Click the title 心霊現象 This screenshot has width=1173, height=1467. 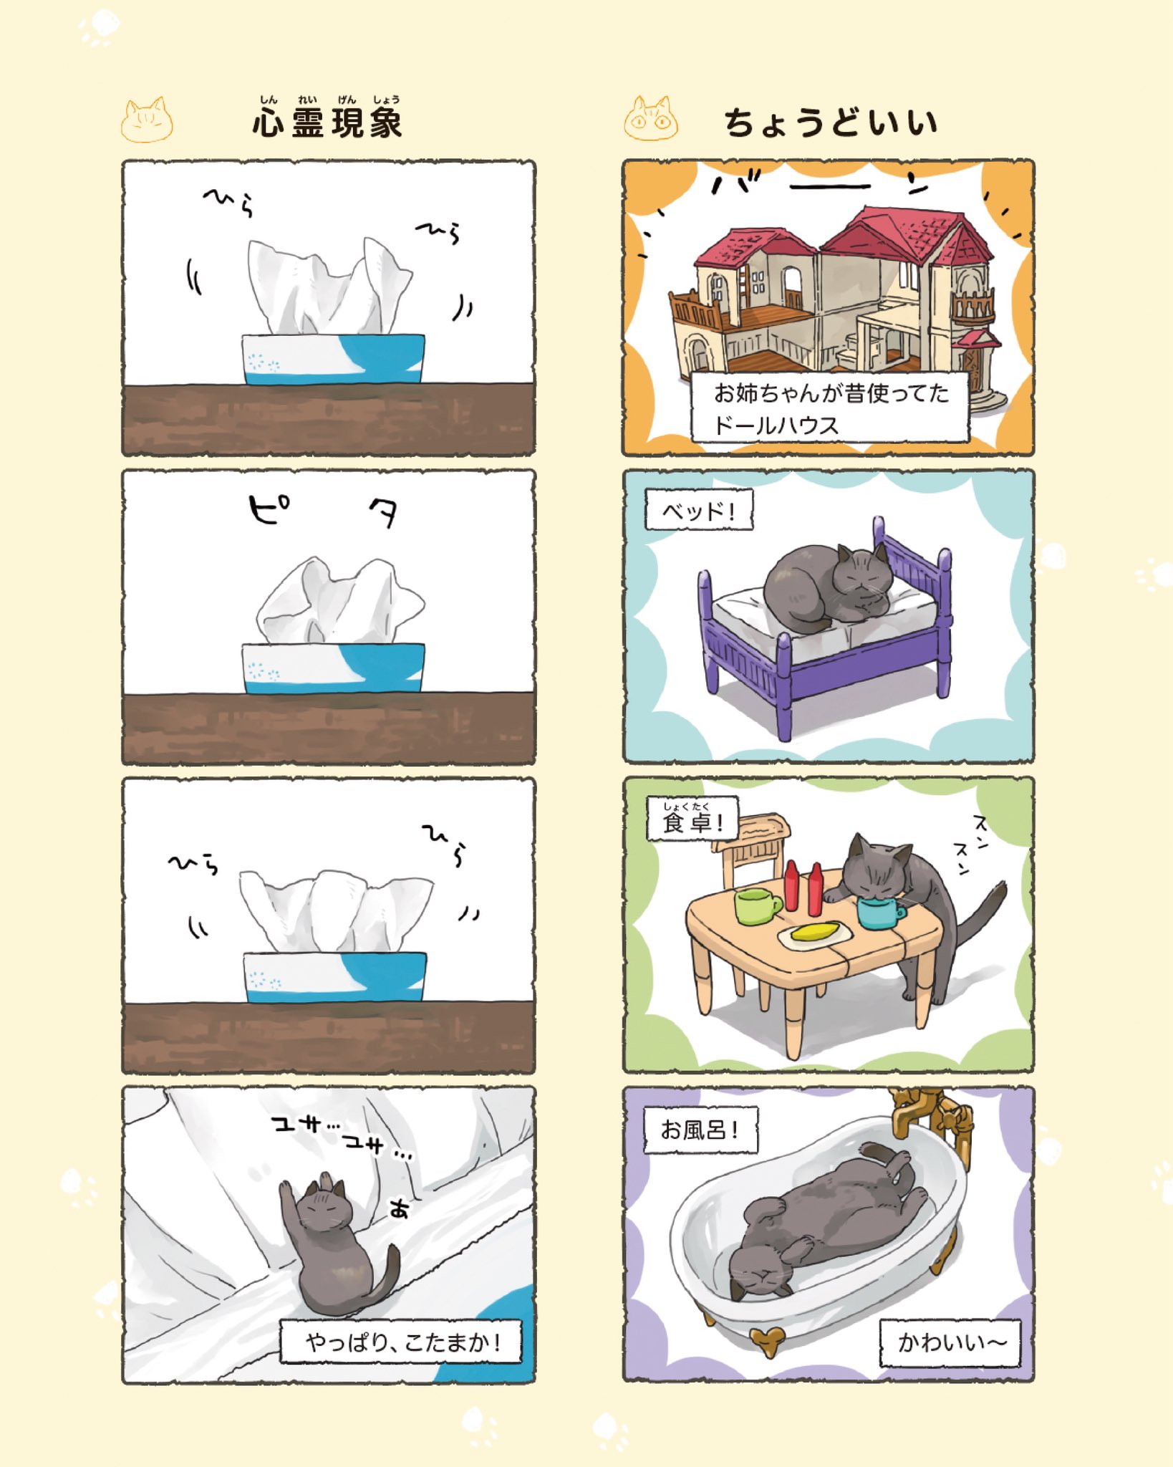click(x=327, y=122)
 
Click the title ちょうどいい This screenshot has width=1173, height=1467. click(x=831, y=122)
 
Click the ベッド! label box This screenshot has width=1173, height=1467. click(x=699, y=511)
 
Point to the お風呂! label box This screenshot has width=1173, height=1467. click(x=700, y=1130)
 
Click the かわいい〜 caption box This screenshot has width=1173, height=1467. click(x=950, y=1342)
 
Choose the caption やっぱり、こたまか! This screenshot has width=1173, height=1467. click(x=401, y=1341)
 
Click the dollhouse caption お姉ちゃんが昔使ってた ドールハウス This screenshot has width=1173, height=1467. click(x=829, y=408)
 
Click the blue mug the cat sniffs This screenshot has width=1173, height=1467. click(x=879, y=912)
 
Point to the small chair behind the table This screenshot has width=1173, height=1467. click(x=752, y=849)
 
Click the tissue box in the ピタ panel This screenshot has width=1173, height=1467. click(x=334, y=668)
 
